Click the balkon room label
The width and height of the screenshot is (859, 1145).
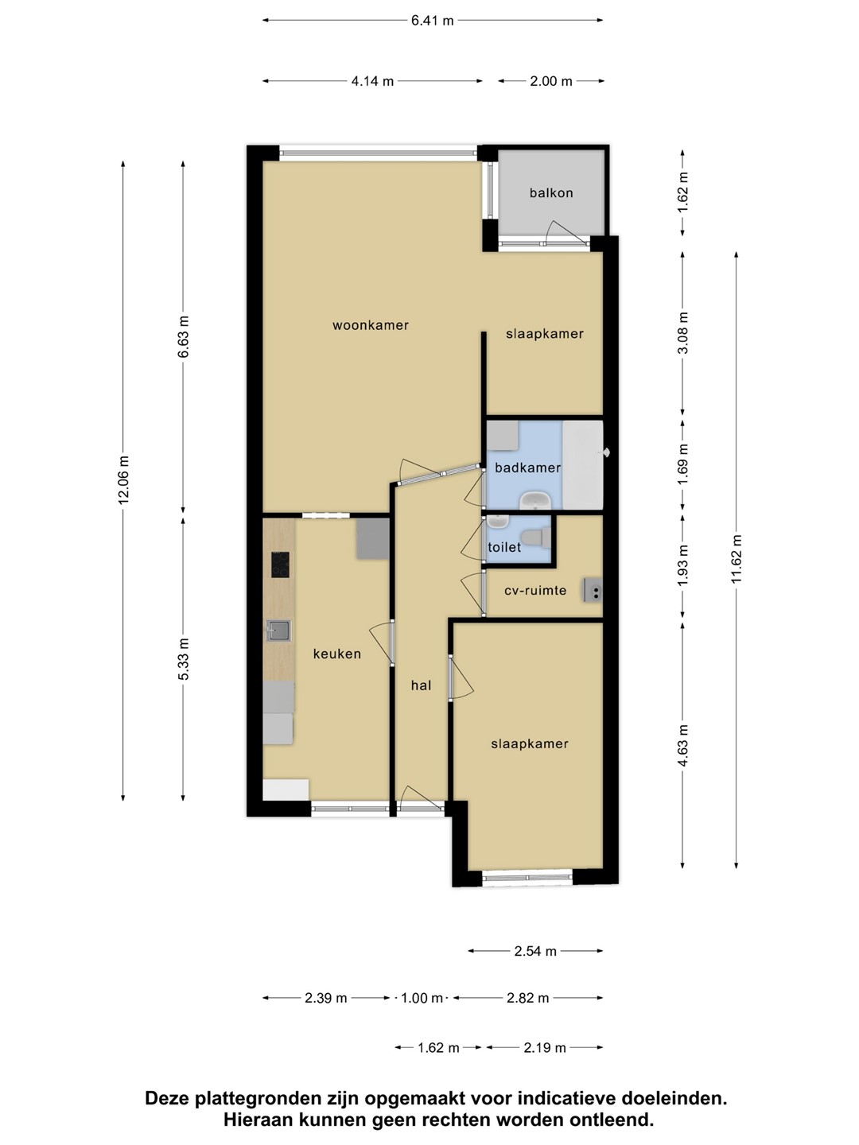[550, 193]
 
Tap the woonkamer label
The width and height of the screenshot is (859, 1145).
[371, 325]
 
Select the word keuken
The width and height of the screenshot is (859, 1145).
[337, 654]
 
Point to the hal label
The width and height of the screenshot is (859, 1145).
[421, 685]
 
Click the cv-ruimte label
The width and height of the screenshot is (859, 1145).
[535, 591]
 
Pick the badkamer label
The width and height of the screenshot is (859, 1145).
[528, 468]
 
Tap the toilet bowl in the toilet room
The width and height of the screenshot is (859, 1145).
[537, 538]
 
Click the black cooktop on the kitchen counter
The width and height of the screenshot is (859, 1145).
[280, 565]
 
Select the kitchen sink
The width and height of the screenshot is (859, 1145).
[278, 630]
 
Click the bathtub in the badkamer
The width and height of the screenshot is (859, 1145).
[582, 464]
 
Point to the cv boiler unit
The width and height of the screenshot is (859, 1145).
[593, 591]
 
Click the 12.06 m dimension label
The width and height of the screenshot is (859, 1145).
[123, 480]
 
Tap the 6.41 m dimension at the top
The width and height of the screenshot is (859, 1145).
[433, 21]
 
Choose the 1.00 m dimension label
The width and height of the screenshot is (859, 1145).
[422, 998]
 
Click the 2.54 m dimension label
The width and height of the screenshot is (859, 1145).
[535, 951]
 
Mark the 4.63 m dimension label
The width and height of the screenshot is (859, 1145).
[683, 744]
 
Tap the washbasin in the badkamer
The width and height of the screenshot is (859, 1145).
[534, 501]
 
